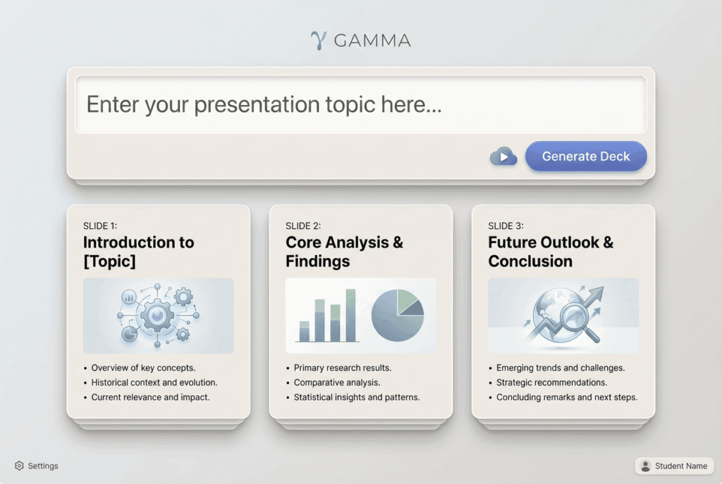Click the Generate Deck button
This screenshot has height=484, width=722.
click(x=586, y=156)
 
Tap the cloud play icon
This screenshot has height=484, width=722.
click(x=503, y=156)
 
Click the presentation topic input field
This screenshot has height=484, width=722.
click(x=360, y=105)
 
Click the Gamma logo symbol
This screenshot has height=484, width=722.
click(x=319, y=40)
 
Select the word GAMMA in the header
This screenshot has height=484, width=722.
click(x=372, y=41)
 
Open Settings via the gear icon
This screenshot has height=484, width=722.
click(x=19, y=466)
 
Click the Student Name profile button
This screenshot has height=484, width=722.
click(x=674, y=466)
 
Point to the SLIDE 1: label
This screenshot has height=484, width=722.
click(x=100, y=225)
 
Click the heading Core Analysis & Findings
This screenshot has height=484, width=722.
click(x=344, y=252)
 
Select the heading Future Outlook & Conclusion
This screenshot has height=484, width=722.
click(x=551, y=252)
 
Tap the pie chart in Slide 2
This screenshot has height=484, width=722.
click(x=398, y=315)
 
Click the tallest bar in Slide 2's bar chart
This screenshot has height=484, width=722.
click(x=350, y=316)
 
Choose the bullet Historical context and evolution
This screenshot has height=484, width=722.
click(x=154, y=383)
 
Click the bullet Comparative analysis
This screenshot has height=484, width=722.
click(x=337, y=383)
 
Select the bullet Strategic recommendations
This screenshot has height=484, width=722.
click(x=551, y=383)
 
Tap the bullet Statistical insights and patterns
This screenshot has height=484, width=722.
click(x=357, y=397)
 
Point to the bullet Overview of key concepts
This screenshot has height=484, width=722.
click(x=143, y=368)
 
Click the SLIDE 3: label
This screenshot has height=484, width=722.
click(x=506, y=225)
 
